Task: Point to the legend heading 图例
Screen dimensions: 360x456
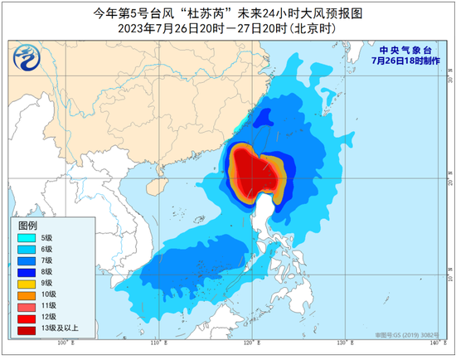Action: pos(27,224)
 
